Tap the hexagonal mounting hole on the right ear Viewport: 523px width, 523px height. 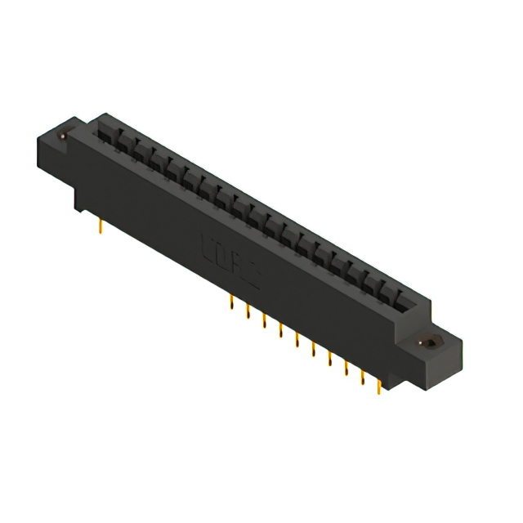(426, 344)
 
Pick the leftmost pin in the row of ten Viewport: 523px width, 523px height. (231, 304)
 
